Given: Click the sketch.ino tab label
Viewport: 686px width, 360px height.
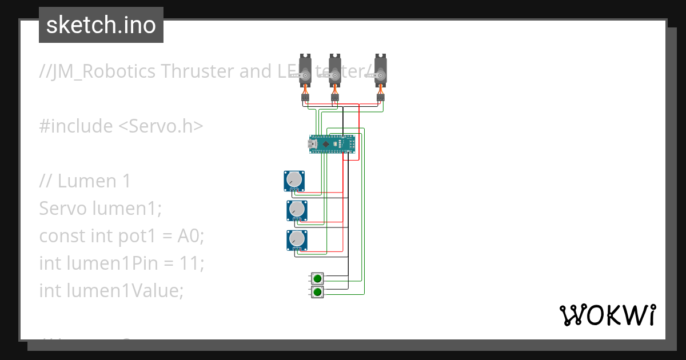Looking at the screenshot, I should coord(101,25).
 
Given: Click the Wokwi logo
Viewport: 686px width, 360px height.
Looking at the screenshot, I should coord(607,315).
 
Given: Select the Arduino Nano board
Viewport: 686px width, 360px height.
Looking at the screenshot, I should coord(333,145).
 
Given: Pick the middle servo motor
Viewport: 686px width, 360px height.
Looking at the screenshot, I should coord(334,71).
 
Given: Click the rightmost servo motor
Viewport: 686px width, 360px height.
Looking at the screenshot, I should coord(380,71).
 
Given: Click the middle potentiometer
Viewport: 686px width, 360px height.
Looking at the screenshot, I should coord(297,210).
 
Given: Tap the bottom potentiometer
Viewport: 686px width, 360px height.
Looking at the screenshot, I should coord(297,239).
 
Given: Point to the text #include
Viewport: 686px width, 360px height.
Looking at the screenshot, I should coord(76,126).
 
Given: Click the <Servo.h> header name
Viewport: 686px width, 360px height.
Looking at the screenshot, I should coord(161,126).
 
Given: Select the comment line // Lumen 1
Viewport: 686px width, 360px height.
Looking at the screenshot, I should coord(85,181).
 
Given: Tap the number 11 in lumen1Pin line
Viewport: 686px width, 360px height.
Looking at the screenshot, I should coord(190,263).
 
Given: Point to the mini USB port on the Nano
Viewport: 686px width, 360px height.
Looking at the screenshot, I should coord(313,145).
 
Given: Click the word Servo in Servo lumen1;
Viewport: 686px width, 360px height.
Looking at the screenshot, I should coord(63,209).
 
